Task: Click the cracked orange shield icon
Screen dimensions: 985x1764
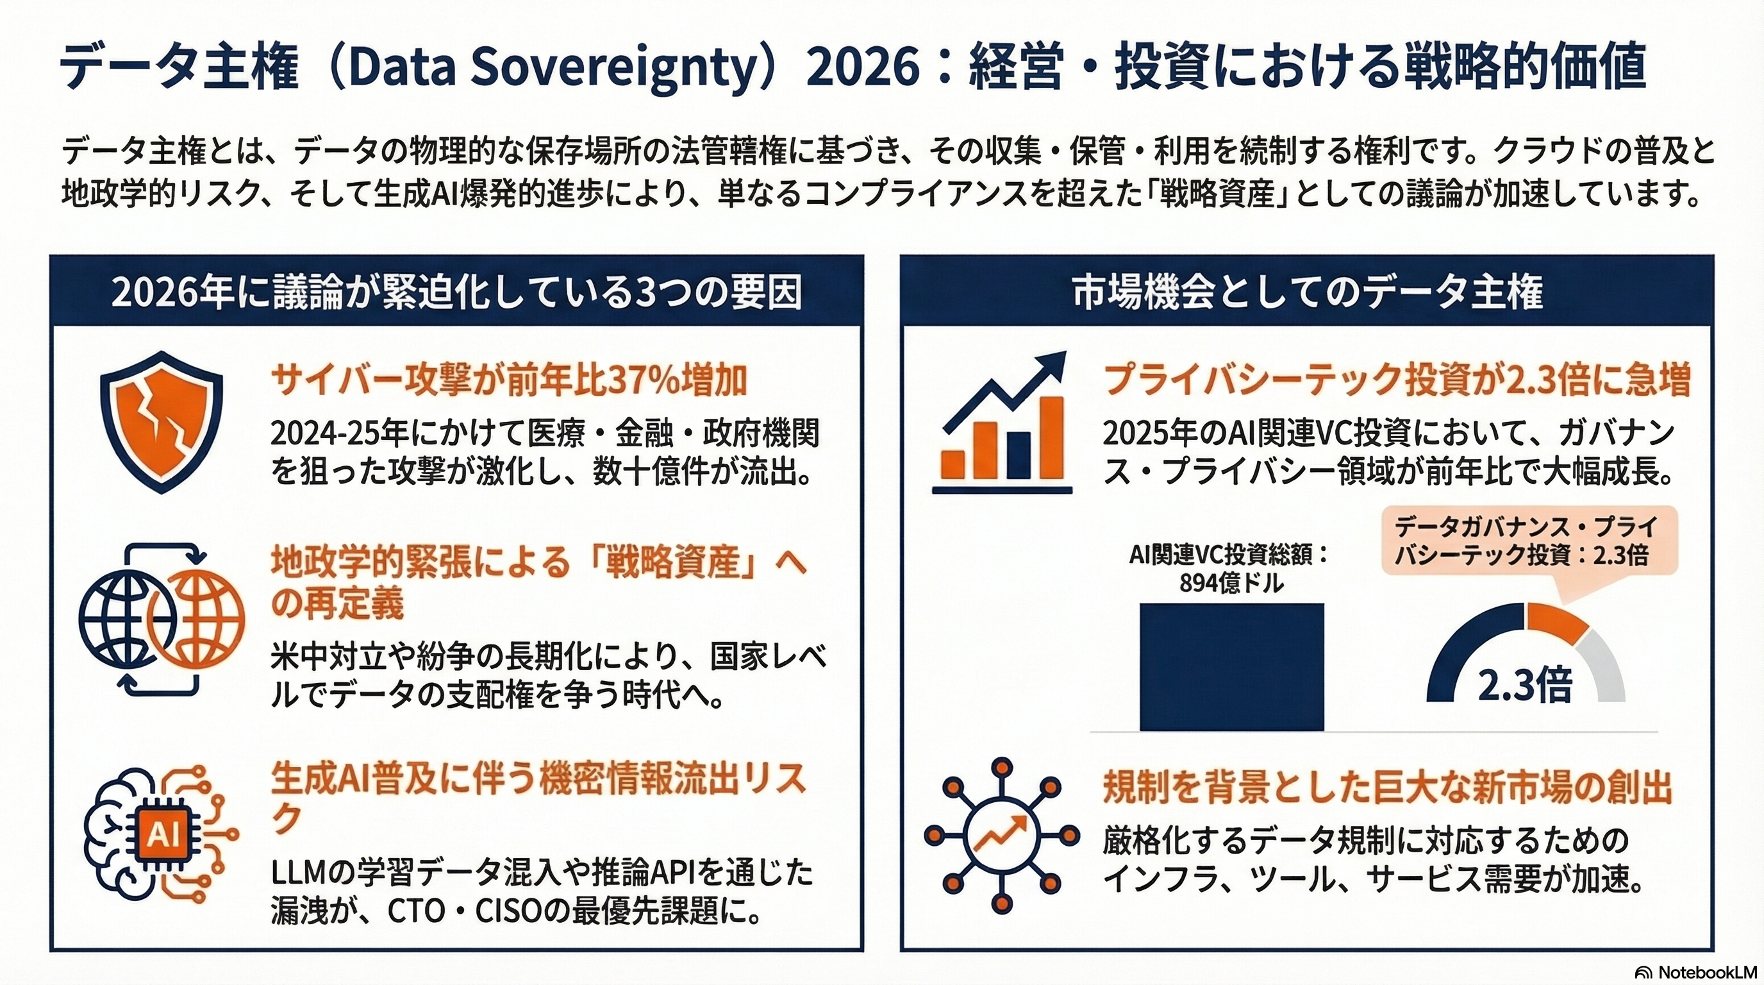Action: [x=162, y=421]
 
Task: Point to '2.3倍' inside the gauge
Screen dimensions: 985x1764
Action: [x=1525, y=684]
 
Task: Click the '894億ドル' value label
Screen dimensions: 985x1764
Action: [x=1231, y=583]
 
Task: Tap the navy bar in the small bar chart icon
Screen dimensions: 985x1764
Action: [x=1019, y=455]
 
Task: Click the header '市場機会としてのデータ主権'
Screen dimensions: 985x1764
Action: [x=1306, y=292]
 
